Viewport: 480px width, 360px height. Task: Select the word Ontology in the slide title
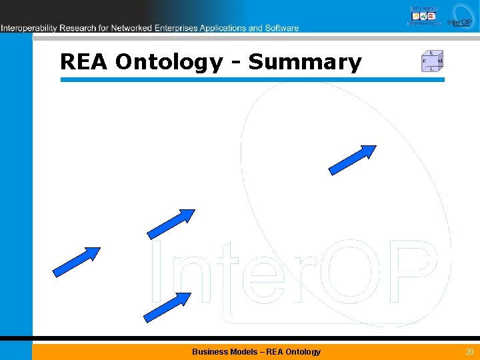pyautogui.click(x=169, y=63)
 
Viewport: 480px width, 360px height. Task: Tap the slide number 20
pyautogui.click(x=469, y=351)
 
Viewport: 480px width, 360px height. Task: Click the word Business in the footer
pyautogui.click(x=209, y=351)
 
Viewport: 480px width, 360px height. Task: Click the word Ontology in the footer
pyautogui.click(x=304, y=351)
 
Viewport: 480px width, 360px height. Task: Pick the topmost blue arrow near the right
pyautogui.click(x=352, y=160)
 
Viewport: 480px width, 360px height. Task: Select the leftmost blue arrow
pyautogui.click(x=75, y=261)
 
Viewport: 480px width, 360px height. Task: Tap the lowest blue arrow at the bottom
pyautogui.click(x=167, y=307)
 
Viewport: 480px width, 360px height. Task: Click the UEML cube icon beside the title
pyautogui.click(x=432, y=61)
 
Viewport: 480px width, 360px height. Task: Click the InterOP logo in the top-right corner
pyautogui.click(x=459, y=16)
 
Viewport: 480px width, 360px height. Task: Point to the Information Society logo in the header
pyautogui.click(x=424, y=16)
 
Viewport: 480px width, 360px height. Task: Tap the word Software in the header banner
pyautogui.click(x=281, y=28)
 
